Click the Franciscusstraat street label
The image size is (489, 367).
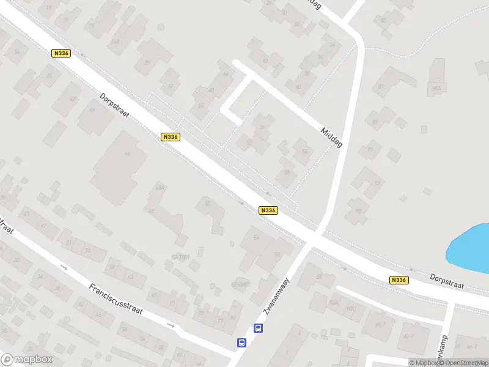pyautogui.click(x=116, y=298)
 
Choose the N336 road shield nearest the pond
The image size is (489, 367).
pyautogui.click(x=398, y=280)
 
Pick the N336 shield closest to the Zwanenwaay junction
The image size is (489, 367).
pyautogui.click(x=268, y=210)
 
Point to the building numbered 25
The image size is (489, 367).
pyautogui.click(x=147, y=62)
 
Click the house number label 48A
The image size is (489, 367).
pyautogui.click(x=160, y=187)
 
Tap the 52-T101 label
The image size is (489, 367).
pyautogui.click(x=180, y=256)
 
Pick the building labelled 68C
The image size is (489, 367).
pyautogui.click(x=351, y=308)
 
